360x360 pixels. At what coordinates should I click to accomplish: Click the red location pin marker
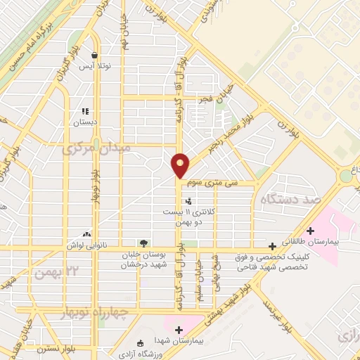pos(181,165)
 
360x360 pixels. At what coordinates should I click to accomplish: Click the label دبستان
pos(85,122)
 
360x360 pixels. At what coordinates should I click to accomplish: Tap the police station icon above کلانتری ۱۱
pos(188,201)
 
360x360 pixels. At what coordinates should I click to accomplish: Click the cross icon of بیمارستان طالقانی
pos(310,230)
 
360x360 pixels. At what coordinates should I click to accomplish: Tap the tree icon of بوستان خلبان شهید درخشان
pos(144,243)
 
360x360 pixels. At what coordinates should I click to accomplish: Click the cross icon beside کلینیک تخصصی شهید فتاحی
pos(272,247)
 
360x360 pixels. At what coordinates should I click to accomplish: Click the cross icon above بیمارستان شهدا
pos(179,329)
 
